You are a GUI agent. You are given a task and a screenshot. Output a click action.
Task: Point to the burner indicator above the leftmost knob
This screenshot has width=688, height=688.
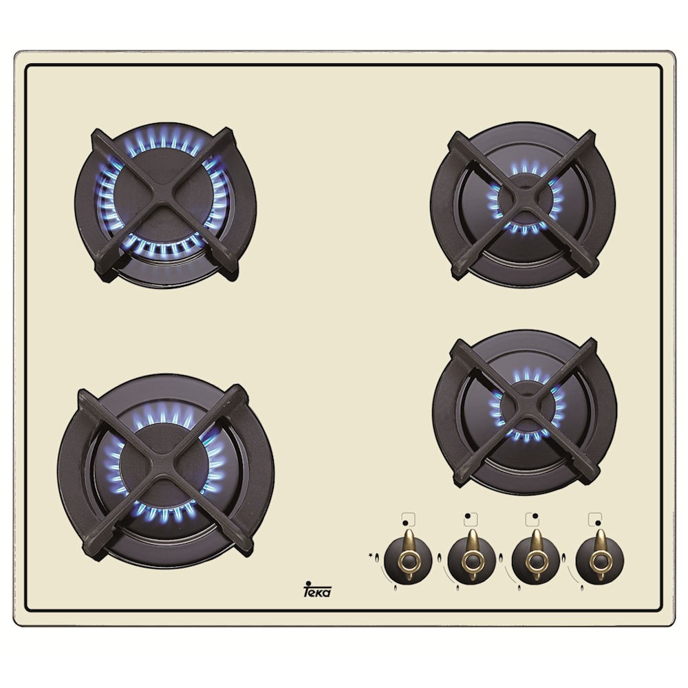tap(408, 519)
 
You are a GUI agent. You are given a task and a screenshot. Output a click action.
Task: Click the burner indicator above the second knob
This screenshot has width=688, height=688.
tap(471, 519)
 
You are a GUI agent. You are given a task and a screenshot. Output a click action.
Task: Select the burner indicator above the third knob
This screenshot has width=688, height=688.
tap(533, 519)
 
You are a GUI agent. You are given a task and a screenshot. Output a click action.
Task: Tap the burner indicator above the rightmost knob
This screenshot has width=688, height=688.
tap(595, 519)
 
